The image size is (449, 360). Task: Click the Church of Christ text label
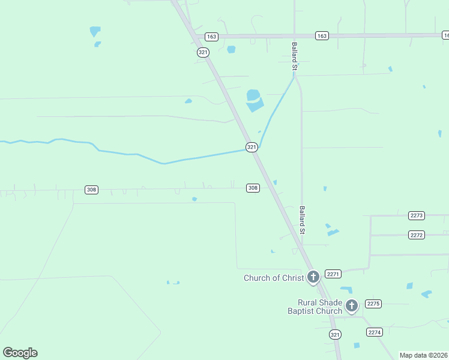tap(274, 278)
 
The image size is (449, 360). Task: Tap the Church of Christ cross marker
tap(313, 277)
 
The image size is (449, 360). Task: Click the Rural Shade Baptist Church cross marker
tap(352, 306)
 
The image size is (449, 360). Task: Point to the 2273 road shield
tap(417, 215)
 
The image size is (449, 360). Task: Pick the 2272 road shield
tap(417, 235)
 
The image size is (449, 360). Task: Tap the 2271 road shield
tap(333, 274)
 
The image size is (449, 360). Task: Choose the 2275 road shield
tap(373, 304)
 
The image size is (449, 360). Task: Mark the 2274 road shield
tap(375, 332)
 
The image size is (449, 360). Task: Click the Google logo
tap(20, 353)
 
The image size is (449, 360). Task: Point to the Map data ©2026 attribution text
tap(423, 355)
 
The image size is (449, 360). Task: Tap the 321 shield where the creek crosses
tap(252, 147)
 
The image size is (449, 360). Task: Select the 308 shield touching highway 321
tap(253, 188)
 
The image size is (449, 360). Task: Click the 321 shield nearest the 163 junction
tap(203, 52)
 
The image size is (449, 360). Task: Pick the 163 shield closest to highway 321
tap(211, 37)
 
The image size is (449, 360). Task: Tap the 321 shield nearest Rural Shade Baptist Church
tap(335, 334)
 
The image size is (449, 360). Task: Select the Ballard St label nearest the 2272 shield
tap(303, 220)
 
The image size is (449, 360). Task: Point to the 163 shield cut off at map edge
tap(445, 36)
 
